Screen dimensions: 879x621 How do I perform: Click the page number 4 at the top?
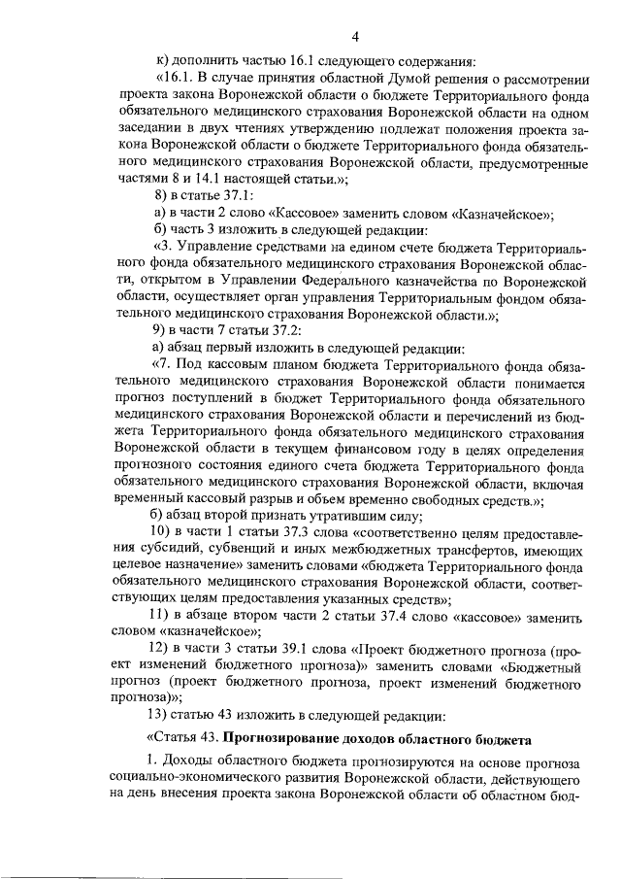click(x=355, y=37)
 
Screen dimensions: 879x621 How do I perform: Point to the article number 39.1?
click(x=275, y=652)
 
